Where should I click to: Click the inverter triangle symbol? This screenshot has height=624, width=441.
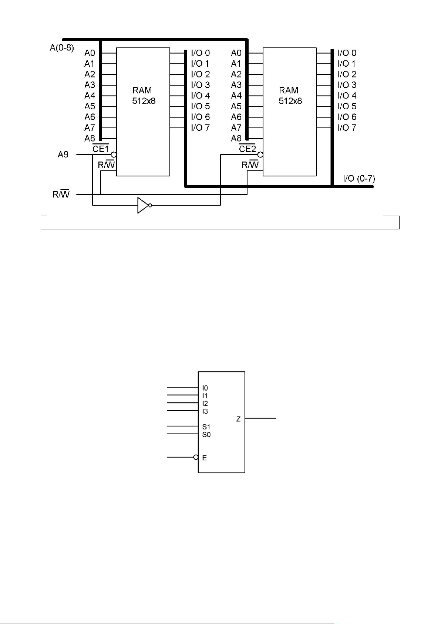point(143,205)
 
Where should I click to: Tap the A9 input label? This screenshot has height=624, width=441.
point(63,154)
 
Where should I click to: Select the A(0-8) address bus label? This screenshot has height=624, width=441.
point(62,48)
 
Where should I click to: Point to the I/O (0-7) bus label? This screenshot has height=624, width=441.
point(359,178)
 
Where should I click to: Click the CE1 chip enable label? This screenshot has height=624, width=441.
point(100,149)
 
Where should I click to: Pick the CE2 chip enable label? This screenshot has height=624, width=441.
point(247,149)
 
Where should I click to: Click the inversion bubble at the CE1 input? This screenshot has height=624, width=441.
point(114,155)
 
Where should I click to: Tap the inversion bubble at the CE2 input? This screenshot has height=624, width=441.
point(260,155)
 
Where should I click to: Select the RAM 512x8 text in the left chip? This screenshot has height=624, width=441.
point(144,96)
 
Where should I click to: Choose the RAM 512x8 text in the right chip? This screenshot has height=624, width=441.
point(290,96)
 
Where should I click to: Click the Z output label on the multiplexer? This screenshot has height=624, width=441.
point(238,419)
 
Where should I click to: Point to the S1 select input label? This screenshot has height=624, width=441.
point(206,427)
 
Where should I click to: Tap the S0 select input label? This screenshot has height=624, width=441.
point(206,435)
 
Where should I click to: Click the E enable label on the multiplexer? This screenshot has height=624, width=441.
point(204,458)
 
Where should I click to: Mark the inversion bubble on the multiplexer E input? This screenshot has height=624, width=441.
point(196,457)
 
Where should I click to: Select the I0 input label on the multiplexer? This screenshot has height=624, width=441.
point(205,388)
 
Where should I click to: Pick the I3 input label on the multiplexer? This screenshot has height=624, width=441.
point(205,411)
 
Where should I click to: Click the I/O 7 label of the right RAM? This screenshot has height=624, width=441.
point(347,127)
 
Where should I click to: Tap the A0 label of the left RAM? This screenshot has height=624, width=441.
point(90,53)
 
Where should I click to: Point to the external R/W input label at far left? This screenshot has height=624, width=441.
point(61,194)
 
